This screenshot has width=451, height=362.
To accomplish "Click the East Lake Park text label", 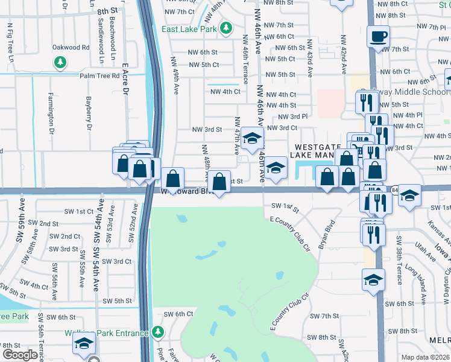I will [x=189, y=28].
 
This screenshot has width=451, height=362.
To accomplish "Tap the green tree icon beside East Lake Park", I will [x=226, y=28].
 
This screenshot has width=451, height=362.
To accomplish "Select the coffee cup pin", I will [x=378, y=36].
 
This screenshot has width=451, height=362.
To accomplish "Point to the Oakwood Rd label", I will [x=71, y=47].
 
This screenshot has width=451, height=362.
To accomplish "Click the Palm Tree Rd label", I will [x=99, y=76].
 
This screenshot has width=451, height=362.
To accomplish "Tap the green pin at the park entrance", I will [x=158, y=332].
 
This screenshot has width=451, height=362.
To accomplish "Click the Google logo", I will [x=19, y=355].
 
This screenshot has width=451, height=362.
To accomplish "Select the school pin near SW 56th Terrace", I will [x=83, y=345].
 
